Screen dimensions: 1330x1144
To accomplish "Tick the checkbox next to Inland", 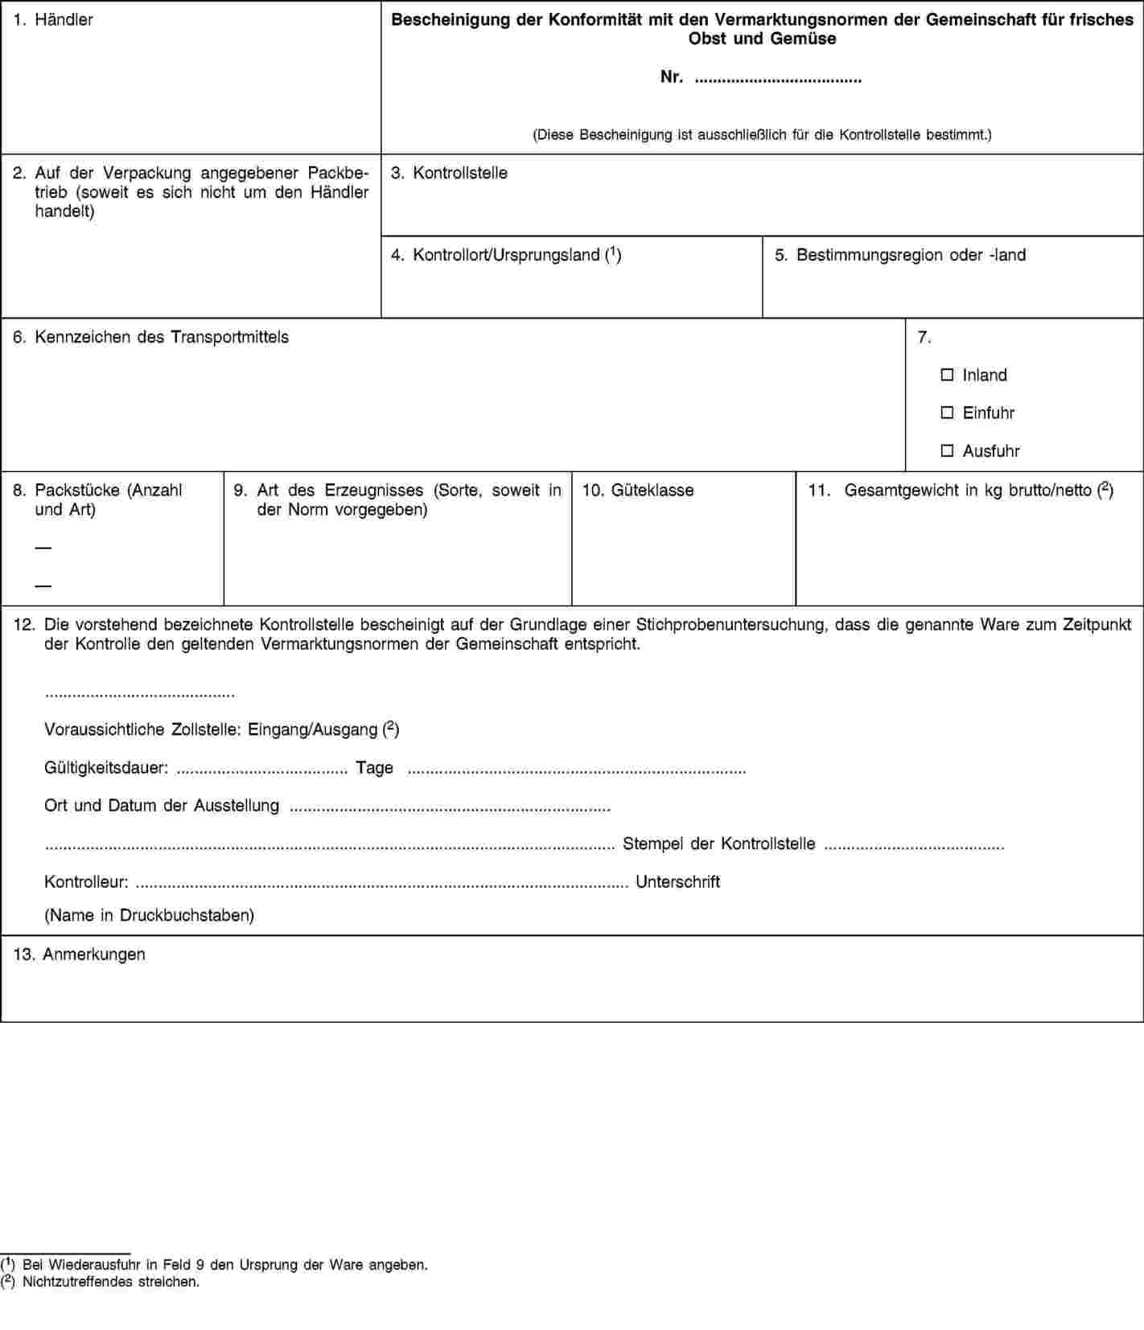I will pyautogui.click(x=947, y=375).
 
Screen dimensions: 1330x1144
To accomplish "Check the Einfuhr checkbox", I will pyautogui.click(x=947, y=413).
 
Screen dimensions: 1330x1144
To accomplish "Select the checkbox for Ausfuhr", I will pyautogui.click(x=947, y=451).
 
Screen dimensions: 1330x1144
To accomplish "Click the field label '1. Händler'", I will pyautogui.click(x=53, y=19).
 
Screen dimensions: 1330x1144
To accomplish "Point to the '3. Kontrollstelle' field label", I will pyautogui.click(x=449, y=173).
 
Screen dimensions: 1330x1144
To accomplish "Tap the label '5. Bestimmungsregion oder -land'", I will pyautogui.click(x=899, y=255).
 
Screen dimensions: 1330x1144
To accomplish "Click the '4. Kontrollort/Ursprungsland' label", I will pyautogui.click(x=505, y=255).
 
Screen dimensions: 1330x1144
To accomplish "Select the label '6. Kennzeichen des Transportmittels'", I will pyautogui.click(x=150, y=337).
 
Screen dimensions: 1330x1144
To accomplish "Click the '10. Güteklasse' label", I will pyautogui.click(x=637, y=490).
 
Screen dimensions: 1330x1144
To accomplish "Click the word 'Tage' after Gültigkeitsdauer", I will pyautogui.click(x=374, y=768).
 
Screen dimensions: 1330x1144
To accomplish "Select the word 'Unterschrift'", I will pyautogui.click(x=677, y=882).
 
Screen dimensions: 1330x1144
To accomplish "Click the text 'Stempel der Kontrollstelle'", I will pyautogui.click(x=718, y=844).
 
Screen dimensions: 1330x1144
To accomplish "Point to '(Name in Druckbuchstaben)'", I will pyautogui.click(x=149, y=915).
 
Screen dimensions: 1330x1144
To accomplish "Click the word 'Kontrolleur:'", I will pyautogui.click(x=86, y=882).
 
